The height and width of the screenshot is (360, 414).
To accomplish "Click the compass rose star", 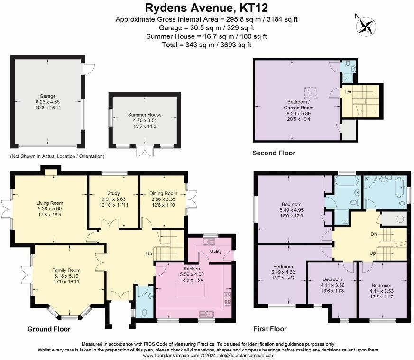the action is (x=366, y=27).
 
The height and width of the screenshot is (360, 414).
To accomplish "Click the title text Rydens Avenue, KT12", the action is (x=206, y=8).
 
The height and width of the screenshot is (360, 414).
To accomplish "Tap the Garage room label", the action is (x=47, y=96).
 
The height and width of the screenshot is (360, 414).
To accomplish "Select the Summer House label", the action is (x=145, y=115).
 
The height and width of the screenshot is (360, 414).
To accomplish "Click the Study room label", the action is (x=113, y=193).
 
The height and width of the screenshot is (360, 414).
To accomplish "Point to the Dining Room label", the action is (x=163, y=193).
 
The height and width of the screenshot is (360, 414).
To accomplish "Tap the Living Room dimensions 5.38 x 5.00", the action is (x=50, y=208).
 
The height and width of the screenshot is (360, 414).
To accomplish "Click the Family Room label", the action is (x=66, y=270).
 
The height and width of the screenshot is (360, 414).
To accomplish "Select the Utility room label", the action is (x=216, y=252).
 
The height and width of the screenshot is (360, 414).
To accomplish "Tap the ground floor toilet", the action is (x=144, y=313).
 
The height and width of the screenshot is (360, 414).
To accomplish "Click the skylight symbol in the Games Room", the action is (x=310, y=92).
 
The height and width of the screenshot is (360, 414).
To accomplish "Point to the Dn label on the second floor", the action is (x=348, y=92).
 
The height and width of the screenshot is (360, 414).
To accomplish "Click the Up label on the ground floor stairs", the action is (x=149, y=254).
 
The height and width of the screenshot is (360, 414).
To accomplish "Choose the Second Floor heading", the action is (x=274, y=153).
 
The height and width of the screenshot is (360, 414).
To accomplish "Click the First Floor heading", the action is (x=270, y=329).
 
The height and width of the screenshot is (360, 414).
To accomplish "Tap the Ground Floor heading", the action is (x=49, y=329).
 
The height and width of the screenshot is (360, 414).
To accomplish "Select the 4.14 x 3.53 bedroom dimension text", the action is (x=382, y=291).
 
